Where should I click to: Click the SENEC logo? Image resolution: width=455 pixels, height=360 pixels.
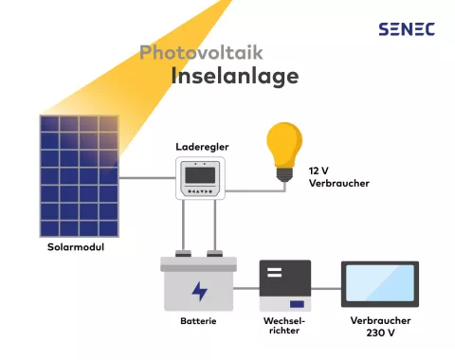(406, 28)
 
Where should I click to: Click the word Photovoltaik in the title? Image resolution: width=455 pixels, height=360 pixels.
(200, 52)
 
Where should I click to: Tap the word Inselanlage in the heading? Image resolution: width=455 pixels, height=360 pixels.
(234, 75)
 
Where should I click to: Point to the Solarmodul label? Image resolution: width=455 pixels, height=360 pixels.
(75, 247)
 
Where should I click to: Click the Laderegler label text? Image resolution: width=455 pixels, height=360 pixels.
(203, 148)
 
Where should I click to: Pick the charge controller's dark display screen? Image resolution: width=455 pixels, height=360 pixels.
(203, 173)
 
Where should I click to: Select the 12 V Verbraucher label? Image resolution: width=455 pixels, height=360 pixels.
(338, 176)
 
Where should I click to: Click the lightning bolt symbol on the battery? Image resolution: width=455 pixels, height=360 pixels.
(199, 291)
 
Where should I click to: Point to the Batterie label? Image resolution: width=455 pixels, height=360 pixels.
(199, 322)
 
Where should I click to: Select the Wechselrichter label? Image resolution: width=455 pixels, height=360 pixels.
(284, 327)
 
